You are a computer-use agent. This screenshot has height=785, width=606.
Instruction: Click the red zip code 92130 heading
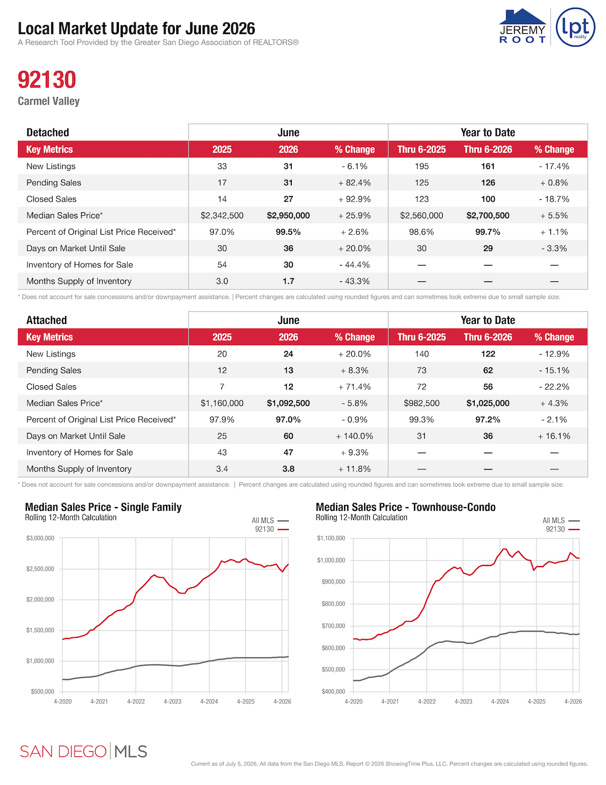pyautogui.click(x=47, y=80)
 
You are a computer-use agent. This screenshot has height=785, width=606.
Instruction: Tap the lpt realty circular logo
pyautogui.click(x=575, y=27)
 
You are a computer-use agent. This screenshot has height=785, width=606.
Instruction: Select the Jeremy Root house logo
pyautogui.click(x=522, y=26)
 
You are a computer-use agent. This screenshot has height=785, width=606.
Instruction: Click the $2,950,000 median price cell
pyautogui.click(x=288, y=216)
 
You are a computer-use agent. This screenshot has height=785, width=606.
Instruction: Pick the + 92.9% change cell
pyautogui.click(x=355, y=199)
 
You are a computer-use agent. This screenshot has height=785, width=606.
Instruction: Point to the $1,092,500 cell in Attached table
pyautogui.click(x=288, y=403)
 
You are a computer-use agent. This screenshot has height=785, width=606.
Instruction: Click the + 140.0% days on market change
pyautogui.click(x=355, y=436)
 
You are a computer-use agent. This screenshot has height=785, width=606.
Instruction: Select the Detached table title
pyautogui.click(x=48, y=133)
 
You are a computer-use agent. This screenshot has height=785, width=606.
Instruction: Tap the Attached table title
pyautogui.click(x=47, y=320)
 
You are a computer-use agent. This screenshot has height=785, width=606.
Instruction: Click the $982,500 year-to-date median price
pyautogui.click(x=421, y=403)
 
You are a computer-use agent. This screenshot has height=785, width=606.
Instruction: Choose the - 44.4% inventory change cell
pyautogui.click(x=355, y=265)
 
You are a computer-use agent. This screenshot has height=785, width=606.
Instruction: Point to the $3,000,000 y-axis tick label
pyautogui.click(x=40, y=538)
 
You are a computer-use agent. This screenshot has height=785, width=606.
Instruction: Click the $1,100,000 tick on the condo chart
pyautogui.click(x=331, y=538)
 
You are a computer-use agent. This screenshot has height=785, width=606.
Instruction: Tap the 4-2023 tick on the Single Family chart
pyautogui.click(x=172, y=701)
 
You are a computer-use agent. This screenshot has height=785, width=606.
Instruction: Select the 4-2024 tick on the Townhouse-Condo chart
pyautogui.click(x=500, y=701)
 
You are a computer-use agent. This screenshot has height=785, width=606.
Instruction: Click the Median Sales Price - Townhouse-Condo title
pyautogui.click(x=405, y=507)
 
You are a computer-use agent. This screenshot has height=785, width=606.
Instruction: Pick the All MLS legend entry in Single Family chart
pyautogui.click(x=270, y=521)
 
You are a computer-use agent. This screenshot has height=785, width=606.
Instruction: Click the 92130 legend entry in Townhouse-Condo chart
pyautogui.click(x=562, y=530)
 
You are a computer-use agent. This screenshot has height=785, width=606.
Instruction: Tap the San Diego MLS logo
pyautogui.click(x=84, y=751)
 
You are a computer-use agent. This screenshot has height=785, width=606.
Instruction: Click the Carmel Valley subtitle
pyautogui.click(x=49, y=101)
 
